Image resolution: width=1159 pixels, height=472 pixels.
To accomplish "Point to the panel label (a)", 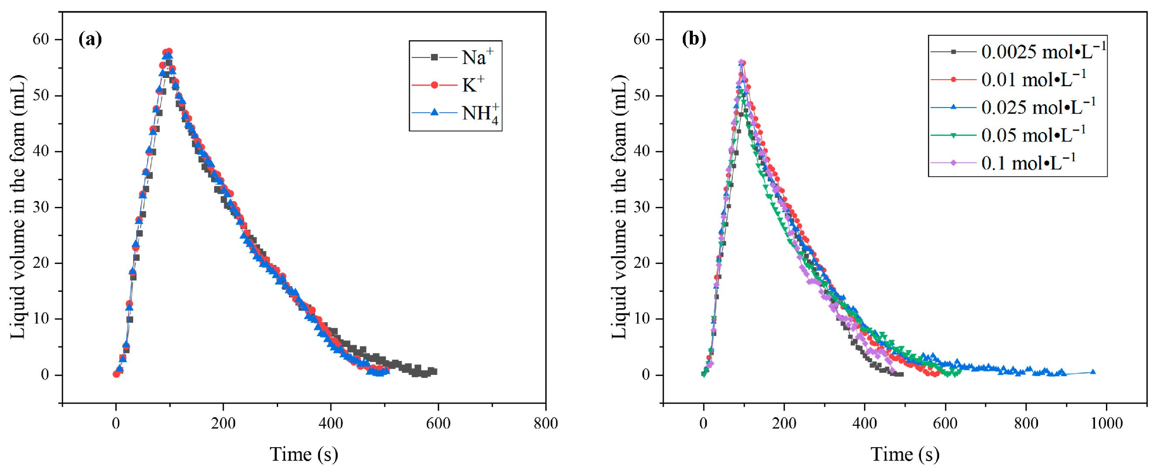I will pyautogui.click(x=90, y=39).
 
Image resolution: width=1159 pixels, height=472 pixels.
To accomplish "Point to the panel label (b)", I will pyautogui.click(x=694, y=39).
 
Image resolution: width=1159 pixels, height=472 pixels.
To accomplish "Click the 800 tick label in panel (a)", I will pyautogui.click(x=545, y=423).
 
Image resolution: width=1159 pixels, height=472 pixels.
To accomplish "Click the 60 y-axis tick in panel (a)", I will pyautogui.click(x=40, y=40).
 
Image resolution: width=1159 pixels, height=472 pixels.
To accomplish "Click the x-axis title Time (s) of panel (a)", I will pyautogui.click(x=304, y=455).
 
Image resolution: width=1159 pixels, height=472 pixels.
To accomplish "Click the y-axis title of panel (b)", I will pyautogui.click(x=620, y=207).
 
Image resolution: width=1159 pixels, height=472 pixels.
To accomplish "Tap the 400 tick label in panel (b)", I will pyautogui.click(x=864, y=423).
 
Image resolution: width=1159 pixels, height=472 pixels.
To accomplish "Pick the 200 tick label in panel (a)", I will pyautogui.click(x=223, y=423).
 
